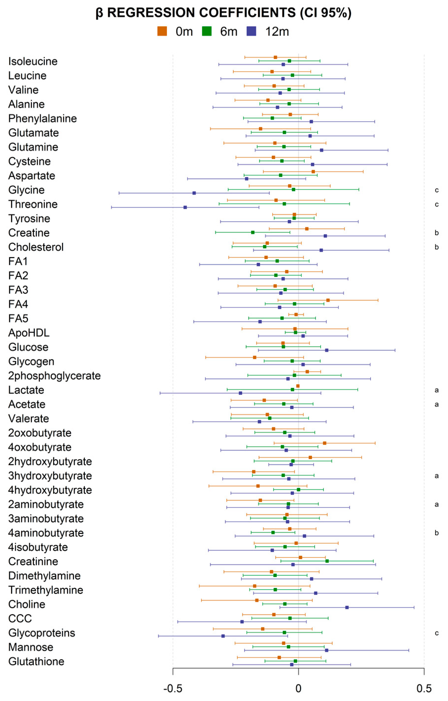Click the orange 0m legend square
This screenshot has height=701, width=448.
162,31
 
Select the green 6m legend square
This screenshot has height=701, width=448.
207,31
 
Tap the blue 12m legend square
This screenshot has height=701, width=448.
251,31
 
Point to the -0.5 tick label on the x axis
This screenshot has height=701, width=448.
173,688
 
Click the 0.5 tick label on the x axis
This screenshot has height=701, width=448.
424,688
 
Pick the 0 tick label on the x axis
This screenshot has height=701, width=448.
298,688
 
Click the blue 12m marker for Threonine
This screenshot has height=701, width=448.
185,207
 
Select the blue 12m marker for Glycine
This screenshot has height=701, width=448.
194,193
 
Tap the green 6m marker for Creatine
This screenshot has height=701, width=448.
253,232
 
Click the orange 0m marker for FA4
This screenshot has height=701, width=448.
328,300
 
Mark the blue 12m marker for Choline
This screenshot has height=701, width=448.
347,607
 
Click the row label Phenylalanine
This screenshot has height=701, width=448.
43,119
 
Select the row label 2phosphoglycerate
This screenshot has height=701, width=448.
54,376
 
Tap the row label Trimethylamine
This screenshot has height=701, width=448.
46,590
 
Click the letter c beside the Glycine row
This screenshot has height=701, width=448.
436,190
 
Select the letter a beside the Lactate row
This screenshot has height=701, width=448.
436,390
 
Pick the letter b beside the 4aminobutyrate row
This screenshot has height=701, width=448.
436,533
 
